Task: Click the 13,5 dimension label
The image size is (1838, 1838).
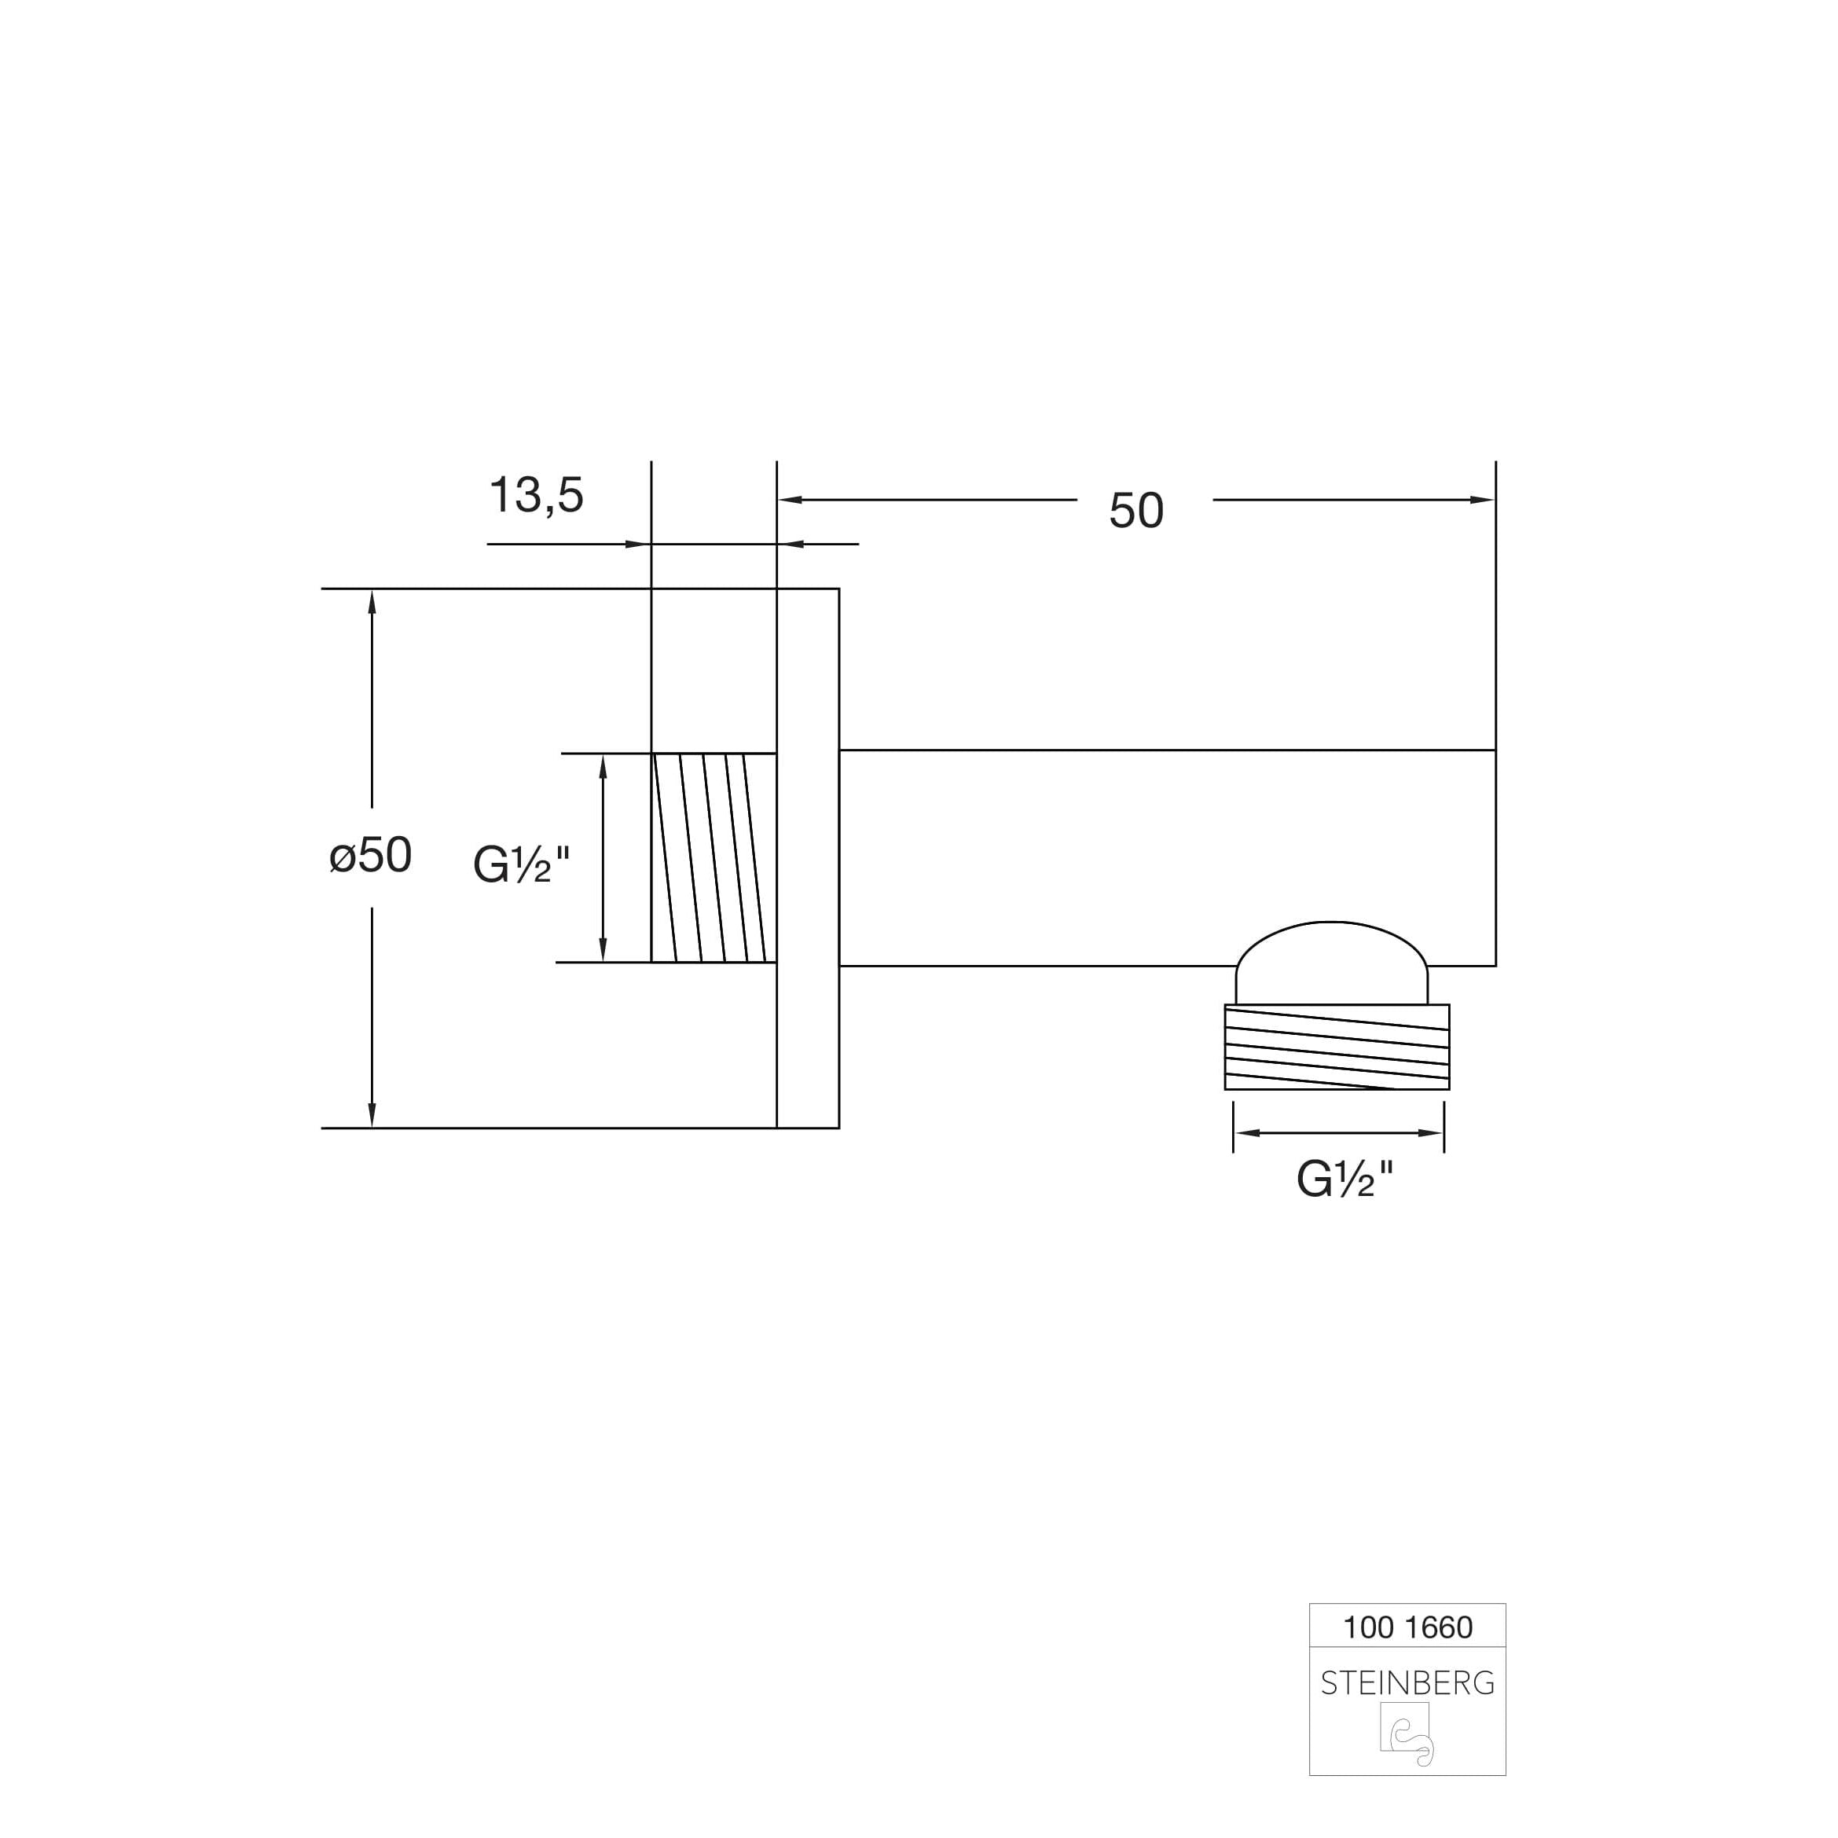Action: [536, 496]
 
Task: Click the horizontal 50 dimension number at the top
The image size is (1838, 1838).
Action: [1136, 511]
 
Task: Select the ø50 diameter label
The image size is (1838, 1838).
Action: [370, 854]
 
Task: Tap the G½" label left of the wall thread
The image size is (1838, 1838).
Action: [521, 864]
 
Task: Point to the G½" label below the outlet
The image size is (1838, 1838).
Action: [1345, 1179]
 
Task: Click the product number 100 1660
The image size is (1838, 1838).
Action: [1407, 1627]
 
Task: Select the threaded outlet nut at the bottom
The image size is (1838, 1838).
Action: [1337, 1047]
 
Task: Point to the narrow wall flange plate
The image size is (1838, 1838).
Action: [808, 857]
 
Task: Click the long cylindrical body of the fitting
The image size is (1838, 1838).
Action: [1165, 857]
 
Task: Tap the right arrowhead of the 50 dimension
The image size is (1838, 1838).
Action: [1484, 500]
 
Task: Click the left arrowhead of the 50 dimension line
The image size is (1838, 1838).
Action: [790, 500]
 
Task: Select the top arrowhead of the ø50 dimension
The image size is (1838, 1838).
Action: [372, 601]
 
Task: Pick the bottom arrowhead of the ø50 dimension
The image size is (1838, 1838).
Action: [372, 1115]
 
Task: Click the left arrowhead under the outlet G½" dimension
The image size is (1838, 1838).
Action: [1246, 1133]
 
